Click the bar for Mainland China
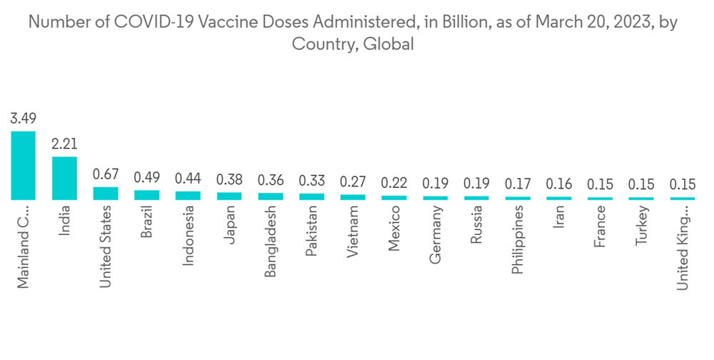click(x=23, y=165)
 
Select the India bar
click(x=64, y=178)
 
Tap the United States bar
click(x=106, y=193)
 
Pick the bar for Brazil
click(x=146, y=194)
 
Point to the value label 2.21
click(x=64, y=144)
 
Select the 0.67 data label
click(x=106, y=174)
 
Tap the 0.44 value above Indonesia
click(x=188, y=178)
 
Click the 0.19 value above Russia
click(x=477, y=184)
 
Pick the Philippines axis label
click(x=518, y=240)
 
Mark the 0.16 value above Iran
click(x=559, y=184)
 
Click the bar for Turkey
click(x=642, y=198)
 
